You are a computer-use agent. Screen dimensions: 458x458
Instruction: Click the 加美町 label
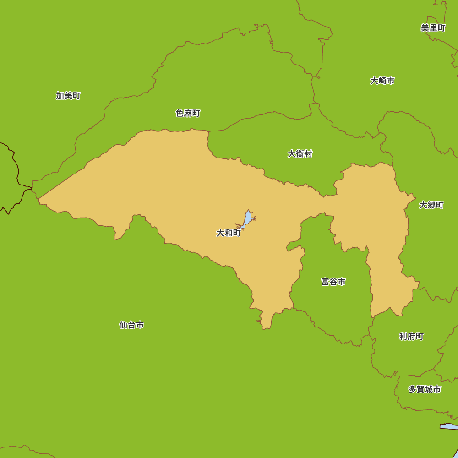68,96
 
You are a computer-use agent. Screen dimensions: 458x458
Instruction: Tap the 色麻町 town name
188,113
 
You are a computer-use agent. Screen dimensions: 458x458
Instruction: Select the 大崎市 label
382,81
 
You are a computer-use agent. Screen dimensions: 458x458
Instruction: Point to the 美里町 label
433,28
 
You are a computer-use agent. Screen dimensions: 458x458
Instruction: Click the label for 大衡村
300,154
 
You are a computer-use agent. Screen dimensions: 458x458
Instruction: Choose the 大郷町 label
431,205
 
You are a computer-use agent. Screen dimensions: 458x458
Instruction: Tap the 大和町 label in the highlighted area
229,233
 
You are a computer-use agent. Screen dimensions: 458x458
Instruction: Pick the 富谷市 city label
333,282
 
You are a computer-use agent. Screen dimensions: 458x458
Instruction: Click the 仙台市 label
132,325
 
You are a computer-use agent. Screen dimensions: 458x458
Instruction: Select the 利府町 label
411,337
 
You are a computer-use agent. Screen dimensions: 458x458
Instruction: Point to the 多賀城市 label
425,389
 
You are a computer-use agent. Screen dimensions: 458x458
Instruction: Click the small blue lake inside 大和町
247,219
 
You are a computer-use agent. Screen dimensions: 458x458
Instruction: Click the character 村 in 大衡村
308,154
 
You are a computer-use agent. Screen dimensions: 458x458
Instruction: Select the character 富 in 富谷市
325,282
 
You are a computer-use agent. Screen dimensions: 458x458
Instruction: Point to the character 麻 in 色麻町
188,113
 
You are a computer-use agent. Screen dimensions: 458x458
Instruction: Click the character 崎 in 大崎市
382,81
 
